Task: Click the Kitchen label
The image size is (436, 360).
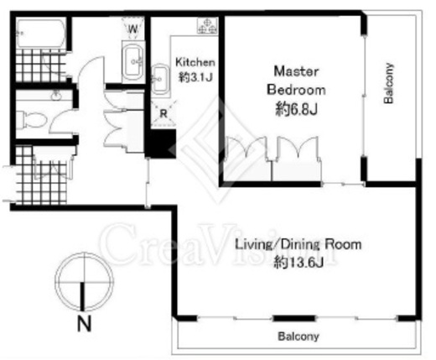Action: tap(195, 62)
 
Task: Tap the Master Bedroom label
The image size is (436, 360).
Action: tap(296, 81)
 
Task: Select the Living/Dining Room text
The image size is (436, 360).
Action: tap(298, 244)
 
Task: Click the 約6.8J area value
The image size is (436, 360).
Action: tap(297, 109)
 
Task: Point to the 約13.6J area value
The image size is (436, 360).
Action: tap(298, 263)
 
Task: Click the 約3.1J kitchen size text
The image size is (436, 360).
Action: tap(195, 77)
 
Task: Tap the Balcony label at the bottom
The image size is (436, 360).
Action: tap(298, 337)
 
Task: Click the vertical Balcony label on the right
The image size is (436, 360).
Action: tap(388, 84)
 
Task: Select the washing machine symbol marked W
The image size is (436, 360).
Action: tap(133, 28)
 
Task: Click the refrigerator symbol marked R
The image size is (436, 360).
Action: tap(163, 113)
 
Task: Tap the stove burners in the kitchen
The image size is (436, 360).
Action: tap(207, 26)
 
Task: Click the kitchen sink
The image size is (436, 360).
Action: tap(160, 80)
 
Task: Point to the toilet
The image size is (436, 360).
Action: tap(31, 120)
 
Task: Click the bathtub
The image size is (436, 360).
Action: tap(41, 34)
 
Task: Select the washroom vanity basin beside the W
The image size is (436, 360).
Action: tap(132, 61)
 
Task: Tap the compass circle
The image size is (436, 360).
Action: tap(84, 253)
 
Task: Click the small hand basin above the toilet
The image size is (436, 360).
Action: tap(56, 96)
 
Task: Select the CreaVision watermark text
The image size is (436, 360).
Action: tap(218, 245)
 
